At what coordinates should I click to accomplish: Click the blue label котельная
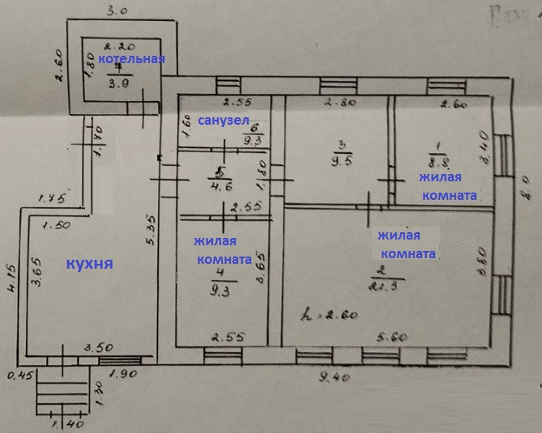tap(131, 59)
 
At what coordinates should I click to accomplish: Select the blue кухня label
tap(88, 264)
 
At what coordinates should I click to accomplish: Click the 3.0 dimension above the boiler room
tap(118, 11)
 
